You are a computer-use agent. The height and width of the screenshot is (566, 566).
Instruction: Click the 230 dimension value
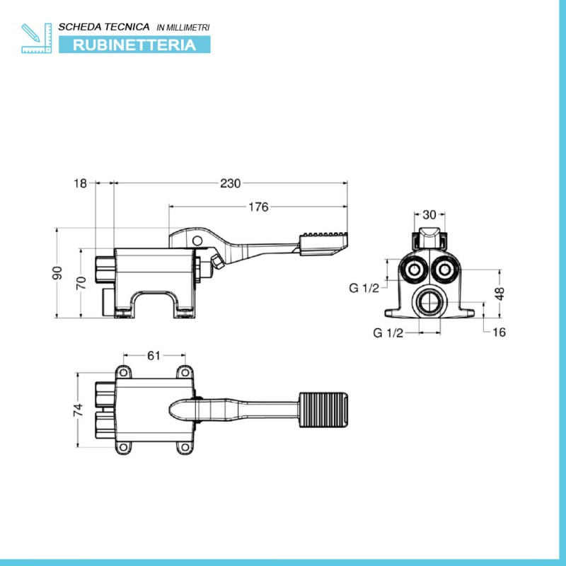231,183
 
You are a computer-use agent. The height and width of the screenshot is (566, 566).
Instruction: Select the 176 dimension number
258,207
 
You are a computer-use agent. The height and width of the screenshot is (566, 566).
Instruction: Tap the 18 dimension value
80,183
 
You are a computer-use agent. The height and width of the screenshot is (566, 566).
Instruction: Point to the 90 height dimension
57,273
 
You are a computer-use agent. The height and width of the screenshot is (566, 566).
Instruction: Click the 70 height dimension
81,282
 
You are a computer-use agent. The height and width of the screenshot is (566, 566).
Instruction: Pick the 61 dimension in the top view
154,356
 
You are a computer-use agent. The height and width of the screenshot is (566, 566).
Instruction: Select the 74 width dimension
78,410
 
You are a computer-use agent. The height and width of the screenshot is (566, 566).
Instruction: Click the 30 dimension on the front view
429,215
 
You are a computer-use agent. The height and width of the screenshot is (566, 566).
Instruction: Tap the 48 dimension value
499,294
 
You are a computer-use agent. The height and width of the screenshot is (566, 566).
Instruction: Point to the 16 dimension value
499,332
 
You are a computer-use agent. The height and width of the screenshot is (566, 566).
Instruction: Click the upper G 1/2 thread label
364,288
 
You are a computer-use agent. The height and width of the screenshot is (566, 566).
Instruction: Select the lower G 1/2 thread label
388,333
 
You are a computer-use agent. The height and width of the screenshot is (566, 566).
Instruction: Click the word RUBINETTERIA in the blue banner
134,45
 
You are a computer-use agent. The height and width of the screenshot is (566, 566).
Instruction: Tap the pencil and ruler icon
37,38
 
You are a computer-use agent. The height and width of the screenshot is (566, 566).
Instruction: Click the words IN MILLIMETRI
183,28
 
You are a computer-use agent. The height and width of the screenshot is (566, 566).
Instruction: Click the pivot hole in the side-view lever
197,241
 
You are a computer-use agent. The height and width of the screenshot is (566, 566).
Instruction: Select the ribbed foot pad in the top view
324,410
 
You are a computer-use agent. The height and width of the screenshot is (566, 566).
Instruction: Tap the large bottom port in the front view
429,302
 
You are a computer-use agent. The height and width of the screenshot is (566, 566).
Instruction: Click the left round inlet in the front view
414,270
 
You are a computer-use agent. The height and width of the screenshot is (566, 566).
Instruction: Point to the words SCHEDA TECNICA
104,27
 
